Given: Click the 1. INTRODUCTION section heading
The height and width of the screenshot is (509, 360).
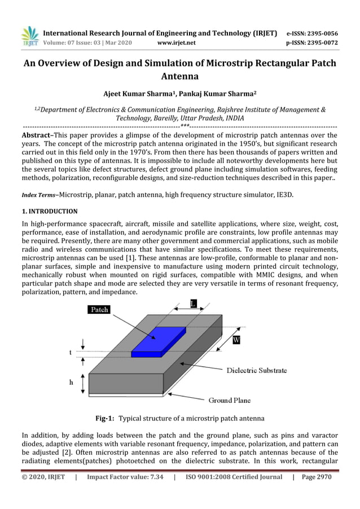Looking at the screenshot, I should [50, 212].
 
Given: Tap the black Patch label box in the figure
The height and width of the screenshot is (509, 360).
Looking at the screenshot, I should [99, 309].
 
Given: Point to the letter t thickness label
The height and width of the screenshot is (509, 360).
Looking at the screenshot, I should [71, 352].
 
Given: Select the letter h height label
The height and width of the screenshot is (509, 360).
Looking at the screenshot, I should [71, 382].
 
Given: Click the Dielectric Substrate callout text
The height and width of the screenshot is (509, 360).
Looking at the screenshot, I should [256, 371].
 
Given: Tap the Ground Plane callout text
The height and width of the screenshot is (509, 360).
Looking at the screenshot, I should [230, 400].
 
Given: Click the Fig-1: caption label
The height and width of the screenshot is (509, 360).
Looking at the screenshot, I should [104, 419].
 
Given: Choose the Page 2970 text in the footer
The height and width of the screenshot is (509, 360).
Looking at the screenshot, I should [317, 477].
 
